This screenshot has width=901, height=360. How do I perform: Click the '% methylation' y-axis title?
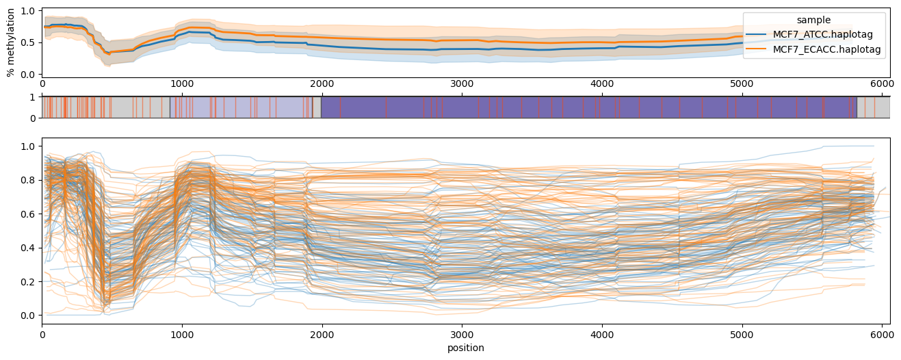tap(11, 42)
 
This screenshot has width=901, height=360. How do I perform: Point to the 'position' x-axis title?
tap(465, 348)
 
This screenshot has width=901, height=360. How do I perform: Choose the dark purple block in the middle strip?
tap(588, 107)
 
